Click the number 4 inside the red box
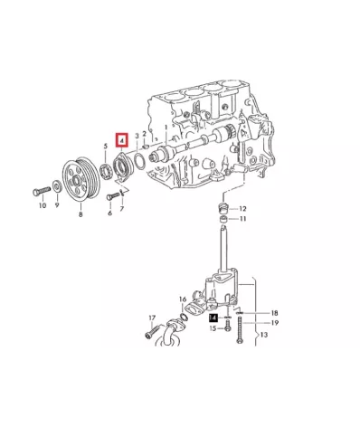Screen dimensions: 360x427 122,140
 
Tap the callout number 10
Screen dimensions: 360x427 43,205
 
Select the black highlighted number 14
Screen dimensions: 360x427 213,318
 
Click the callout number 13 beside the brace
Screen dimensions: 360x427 264,335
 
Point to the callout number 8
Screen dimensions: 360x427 81,214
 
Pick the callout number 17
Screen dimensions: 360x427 152,318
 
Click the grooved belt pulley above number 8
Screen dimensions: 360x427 81,180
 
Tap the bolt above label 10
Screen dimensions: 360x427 41,191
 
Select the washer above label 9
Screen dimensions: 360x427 56,186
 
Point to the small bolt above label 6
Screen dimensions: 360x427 111,196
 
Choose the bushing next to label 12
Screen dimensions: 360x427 223,208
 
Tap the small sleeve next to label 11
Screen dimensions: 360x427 223,219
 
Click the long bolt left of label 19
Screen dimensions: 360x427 240,330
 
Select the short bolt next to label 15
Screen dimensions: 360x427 228,326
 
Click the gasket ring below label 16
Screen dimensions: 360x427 184,317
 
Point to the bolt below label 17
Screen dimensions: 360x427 153,332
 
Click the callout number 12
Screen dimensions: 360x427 242,209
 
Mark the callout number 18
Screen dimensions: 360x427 274,313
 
